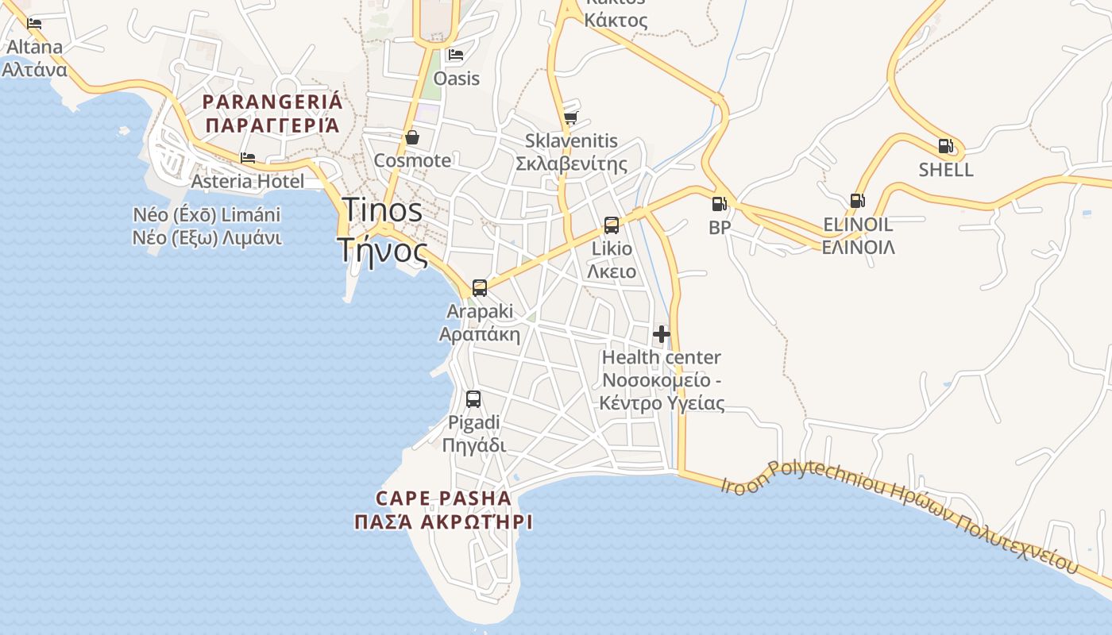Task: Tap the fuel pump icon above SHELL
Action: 945,146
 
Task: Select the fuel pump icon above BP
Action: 719,204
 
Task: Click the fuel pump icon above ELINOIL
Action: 857,201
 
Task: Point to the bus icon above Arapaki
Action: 480,288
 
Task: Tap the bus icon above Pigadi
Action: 473,399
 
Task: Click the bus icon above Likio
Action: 612,225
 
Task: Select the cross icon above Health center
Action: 662,334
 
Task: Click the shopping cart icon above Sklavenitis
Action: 570,118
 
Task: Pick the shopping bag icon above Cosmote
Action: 412,137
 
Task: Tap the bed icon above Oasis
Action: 456,55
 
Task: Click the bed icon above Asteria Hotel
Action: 248,158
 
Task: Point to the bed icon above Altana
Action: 34,24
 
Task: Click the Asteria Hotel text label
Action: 247,181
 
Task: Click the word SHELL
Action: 945,170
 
